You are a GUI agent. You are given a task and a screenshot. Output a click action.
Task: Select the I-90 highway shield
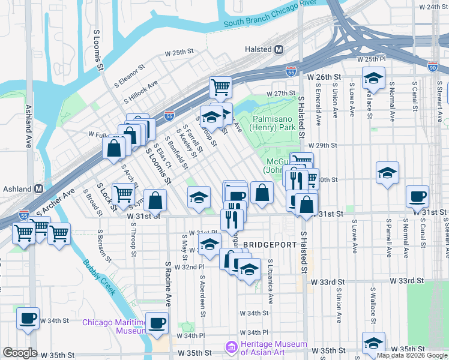coord(433,67)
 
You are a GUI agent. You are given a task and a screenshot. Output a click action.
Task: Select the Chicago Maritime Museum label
coord(115,326)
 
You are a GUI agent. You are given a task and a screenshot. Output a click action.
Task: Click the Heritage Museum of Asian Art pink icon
coord(230,347)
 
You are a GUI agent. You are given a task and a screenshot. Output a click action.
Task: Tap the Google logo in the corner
coord(20,353)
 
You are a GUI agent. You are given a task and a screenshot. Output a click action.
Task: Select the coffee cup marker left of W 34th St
coord(28,319)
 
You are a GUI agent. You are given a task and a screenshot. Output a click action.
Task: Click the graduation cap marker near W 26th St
coord(373,78)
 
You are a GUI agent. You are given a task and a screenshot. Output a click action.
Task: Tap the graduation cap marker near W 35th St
coord(373,343)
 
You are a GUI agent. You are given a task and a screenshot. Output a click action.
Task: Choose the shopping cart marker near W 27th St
coord(220,87)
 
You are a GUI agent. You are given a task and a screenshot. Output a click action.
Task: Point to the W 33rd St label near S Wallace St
coord(406,281)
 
